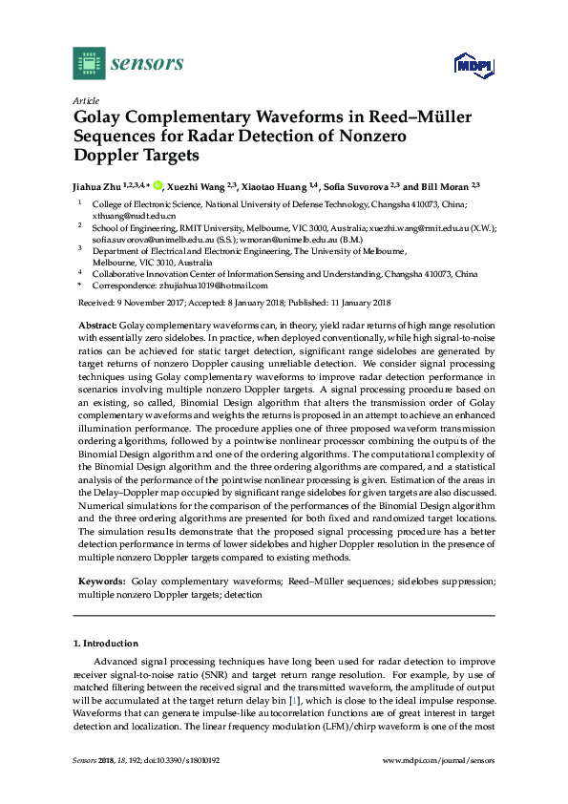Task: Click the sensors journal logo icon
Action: pyautogui.click(x=89, y=64)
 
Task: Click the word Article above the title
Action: pyautogui.click(x=85, y=99)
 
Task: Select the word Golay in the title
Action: pyautogui.click(x=101, y=117)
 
